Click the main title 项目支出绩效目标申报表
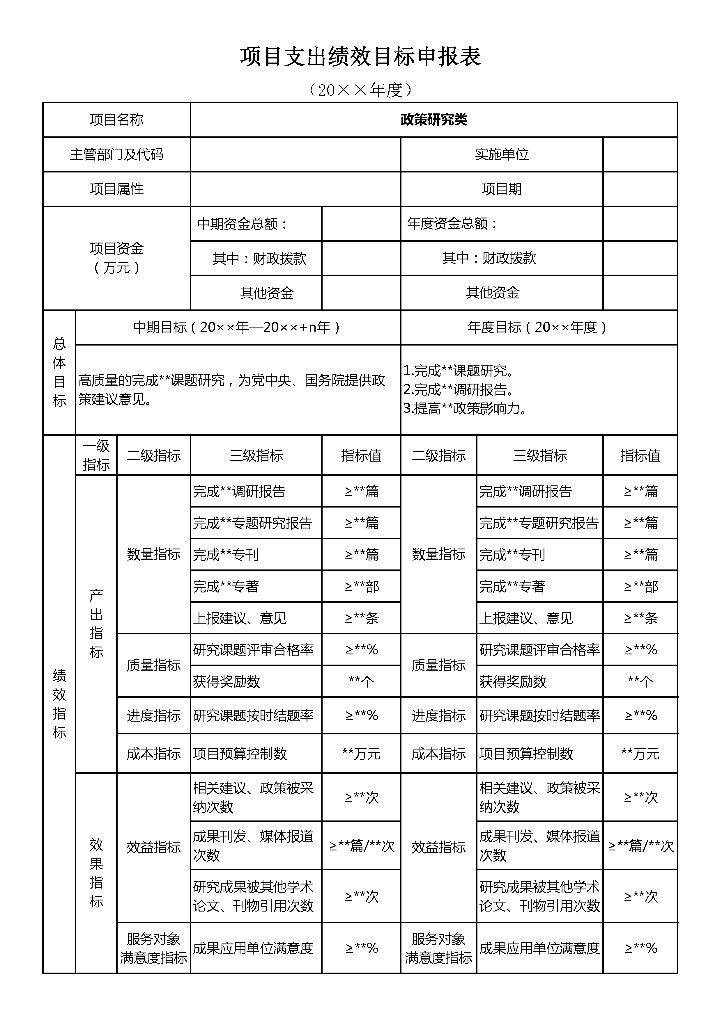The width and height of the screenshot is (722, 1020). tap(360, 57)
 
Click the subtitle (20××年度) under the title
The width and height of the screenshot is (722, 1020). tap(360, 90)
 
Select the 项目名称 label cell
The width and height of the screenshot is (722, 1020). tap(116, 120)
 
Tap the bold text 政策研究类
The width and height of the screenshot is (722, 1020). tap(433, 120)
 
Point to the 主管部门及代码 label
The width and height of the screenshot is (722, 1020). tap(116, 154)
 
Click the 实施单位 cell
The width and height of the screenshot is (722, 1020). tap(502, 154)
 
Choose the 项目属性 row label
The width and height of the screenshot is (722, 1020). tap(116, 189)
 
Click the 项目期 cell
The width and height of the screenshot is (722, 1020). tap(502, 189)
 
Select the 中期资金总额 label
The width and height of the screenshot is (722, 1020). tap(242, 223)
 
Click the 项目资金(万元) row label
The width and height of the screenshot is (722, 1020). tap(116, 258)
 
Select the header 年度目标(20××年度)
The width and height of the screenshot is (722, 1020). tap(538, 327)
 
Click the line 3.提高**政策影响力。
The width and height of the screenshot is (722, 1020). tap(465, 408)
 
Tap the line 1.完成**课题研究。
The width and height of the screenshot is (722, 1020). tap(458, 371)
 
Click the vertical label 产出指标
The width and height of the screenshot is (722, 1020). tap(96, 623)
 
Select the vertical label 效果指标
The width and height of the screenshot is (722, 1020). tap(96, 873)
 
